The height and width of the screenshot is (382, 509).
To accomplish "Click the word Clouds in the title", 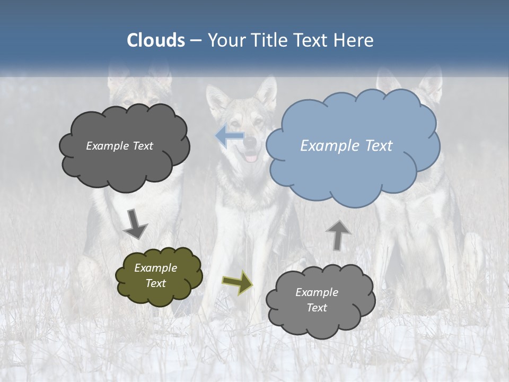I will coord(156,40).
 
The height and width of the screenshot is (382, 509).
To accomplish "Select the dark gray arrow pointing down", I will coord(135,224).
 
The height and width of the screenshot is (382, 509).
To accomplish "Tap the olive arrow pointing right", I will coord(237,282).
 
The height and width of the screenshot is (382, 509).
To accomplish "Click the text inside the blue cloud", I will coord(346,146).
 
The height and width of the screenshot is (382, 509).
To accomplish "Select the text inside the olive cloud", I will coord(155,276).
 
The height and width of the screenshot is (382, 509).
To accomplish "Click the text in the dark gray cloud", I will coord(119,146).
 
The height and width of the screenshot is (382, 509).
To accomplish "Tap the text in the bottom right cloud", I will coord(317,300).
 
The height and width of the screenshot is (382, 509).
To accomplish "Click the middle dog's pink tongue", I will coord(251,158).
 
